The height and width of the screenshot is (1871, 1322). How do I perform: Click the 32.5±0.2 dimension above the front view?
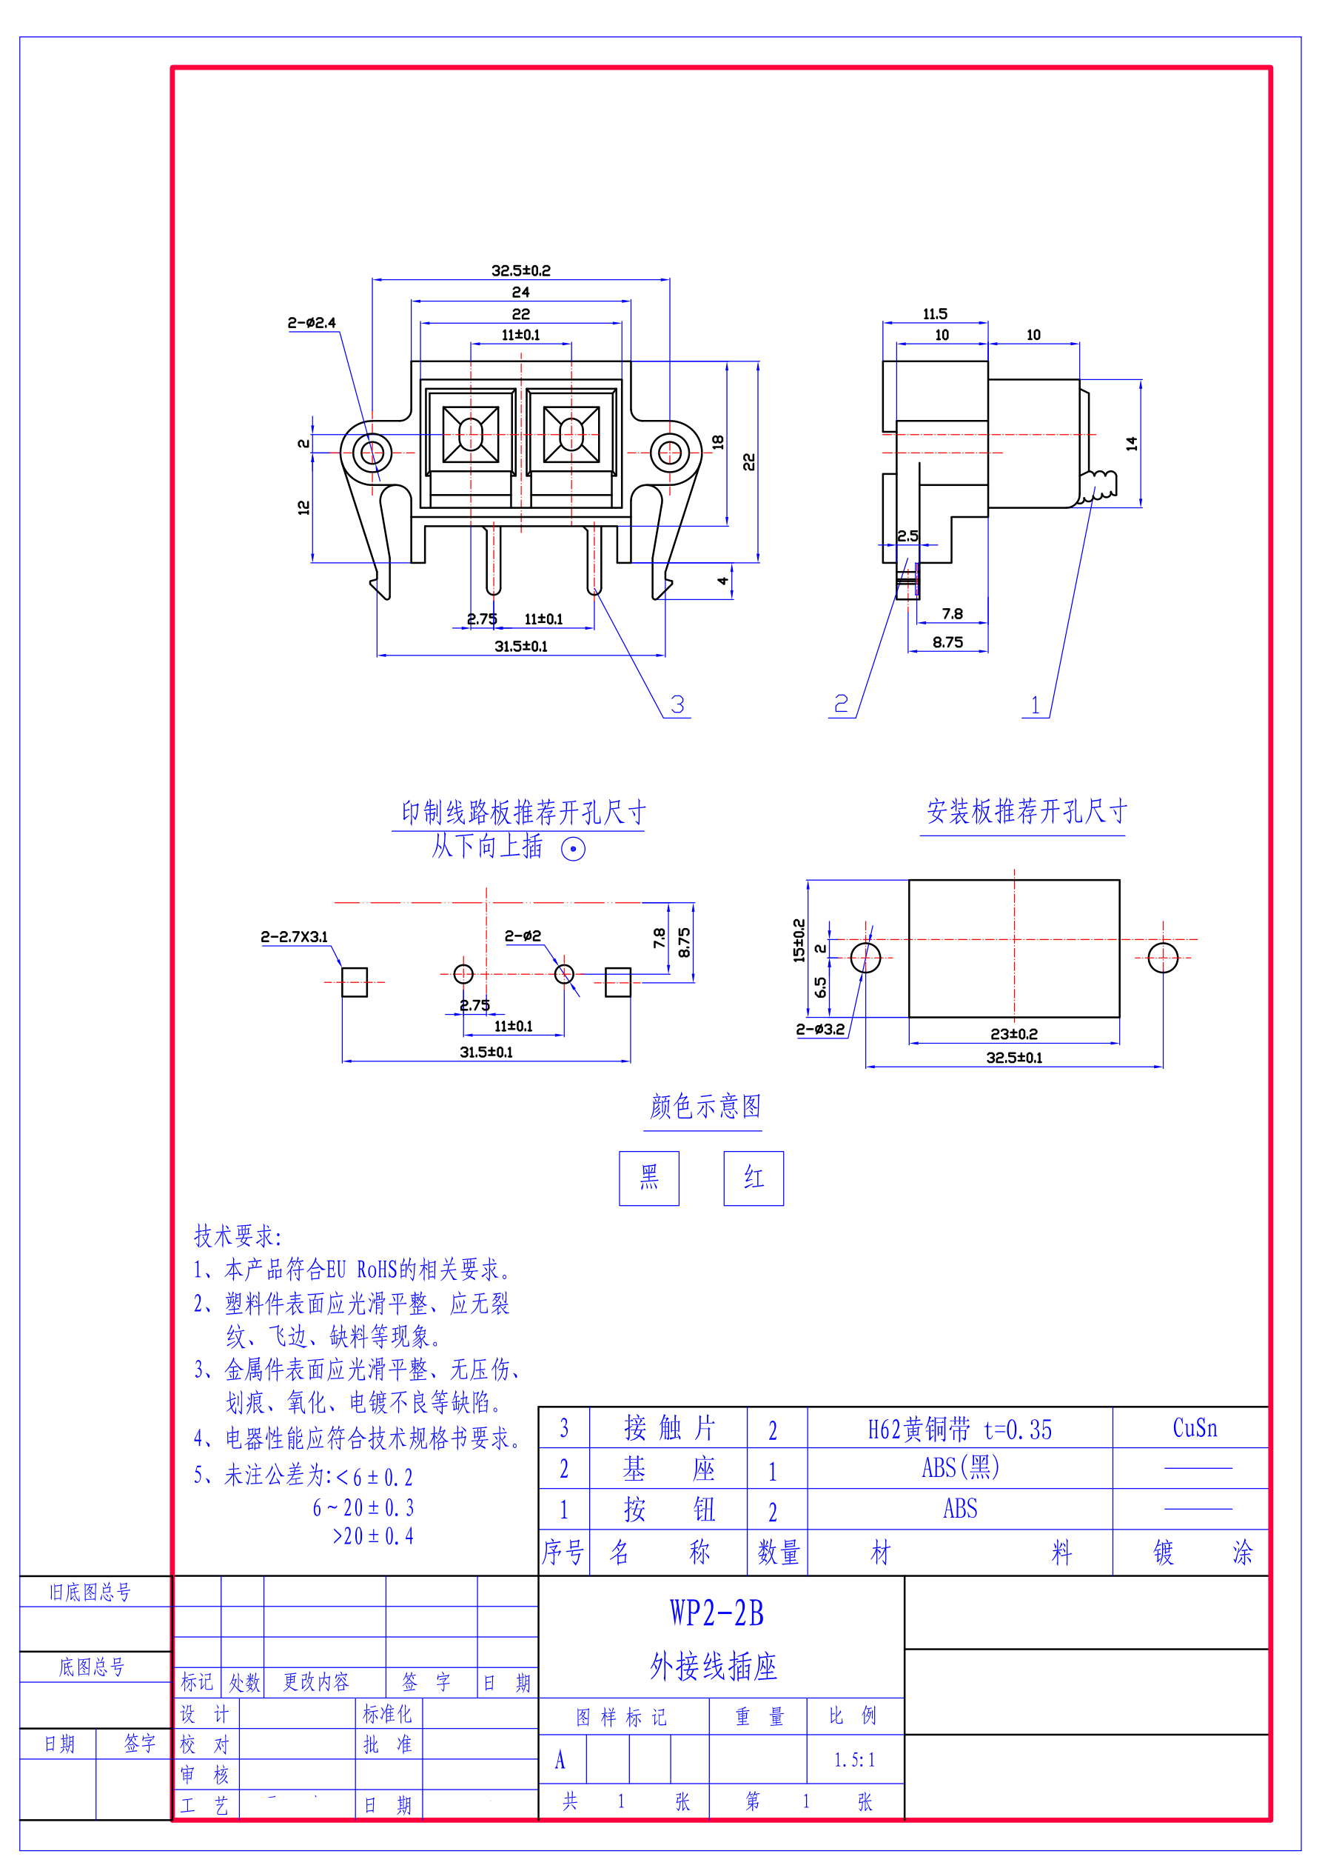[520, 270]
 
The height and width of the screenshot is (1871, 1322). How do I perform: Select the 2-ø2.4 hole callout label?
[311, 323]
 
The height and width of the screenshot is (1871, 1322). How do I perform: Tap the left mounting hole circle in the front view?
[372, 453]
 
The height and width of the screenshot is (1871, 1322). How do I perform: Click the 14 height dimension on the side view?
[1131, 443]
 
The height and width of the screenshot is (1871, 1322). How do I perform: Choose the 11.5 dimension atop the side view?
[935, 314]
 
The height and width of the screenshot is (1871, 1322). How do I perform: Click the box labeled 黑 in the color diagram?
[649, 1178]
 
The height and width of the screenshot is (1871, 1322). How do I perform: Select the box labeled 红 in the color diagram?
[754, 1178]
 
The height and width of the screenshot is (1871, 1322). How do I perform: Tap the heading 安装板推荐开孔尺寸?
[1027, 812]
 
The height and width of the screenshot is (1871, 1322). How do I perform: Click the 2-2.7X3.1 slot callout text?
[294, 936]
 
